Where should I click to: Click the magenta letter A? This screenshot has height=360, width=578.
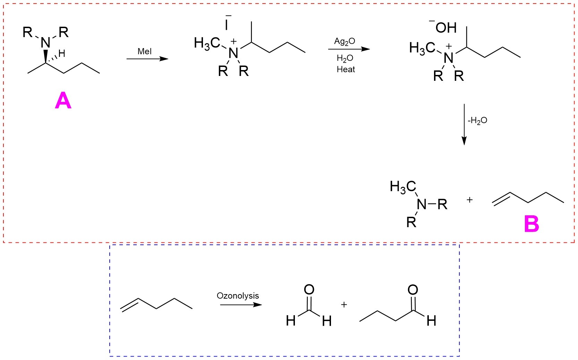click(63, 101)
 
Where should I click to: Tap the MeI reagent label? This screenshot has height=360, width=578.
click(144, 51)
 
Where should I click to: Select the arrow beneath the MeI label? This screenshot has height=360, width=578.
click(147, 59)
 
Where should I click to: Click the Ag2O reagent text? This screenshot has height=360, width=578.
click(344, 41)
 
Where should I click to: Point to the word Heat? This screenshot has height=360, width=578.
click(346, 69)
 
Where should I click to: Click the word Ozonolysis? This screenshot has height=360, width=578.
click(238, 295)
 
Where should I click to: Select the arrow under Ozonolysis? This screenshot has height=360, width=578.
click(241, 305)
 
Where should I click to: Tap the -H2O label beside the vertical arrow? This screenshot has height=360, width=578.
click(477, 120)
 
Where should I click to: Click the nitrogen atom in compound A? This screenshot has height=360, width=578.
click(45, 43)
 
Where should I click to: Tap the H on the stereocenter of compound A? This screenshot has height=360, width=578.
click(62, 53)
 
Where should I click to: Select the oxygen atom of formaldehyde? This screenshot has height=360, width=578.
click(309, 290)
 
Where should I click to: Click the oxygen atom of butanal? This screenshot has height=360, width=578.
click(413, 290)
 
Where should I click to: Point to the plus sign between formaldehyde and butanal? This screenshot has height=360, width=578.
click(344, 305)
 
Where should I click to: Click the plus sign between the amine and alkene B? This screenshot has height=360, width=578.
click(469, 200)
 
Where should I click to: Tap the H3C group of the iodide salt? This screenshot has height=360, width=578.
click(207, 43)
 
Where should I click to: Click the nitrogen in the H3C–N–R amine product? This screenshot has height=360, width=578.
click(422, 204)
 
